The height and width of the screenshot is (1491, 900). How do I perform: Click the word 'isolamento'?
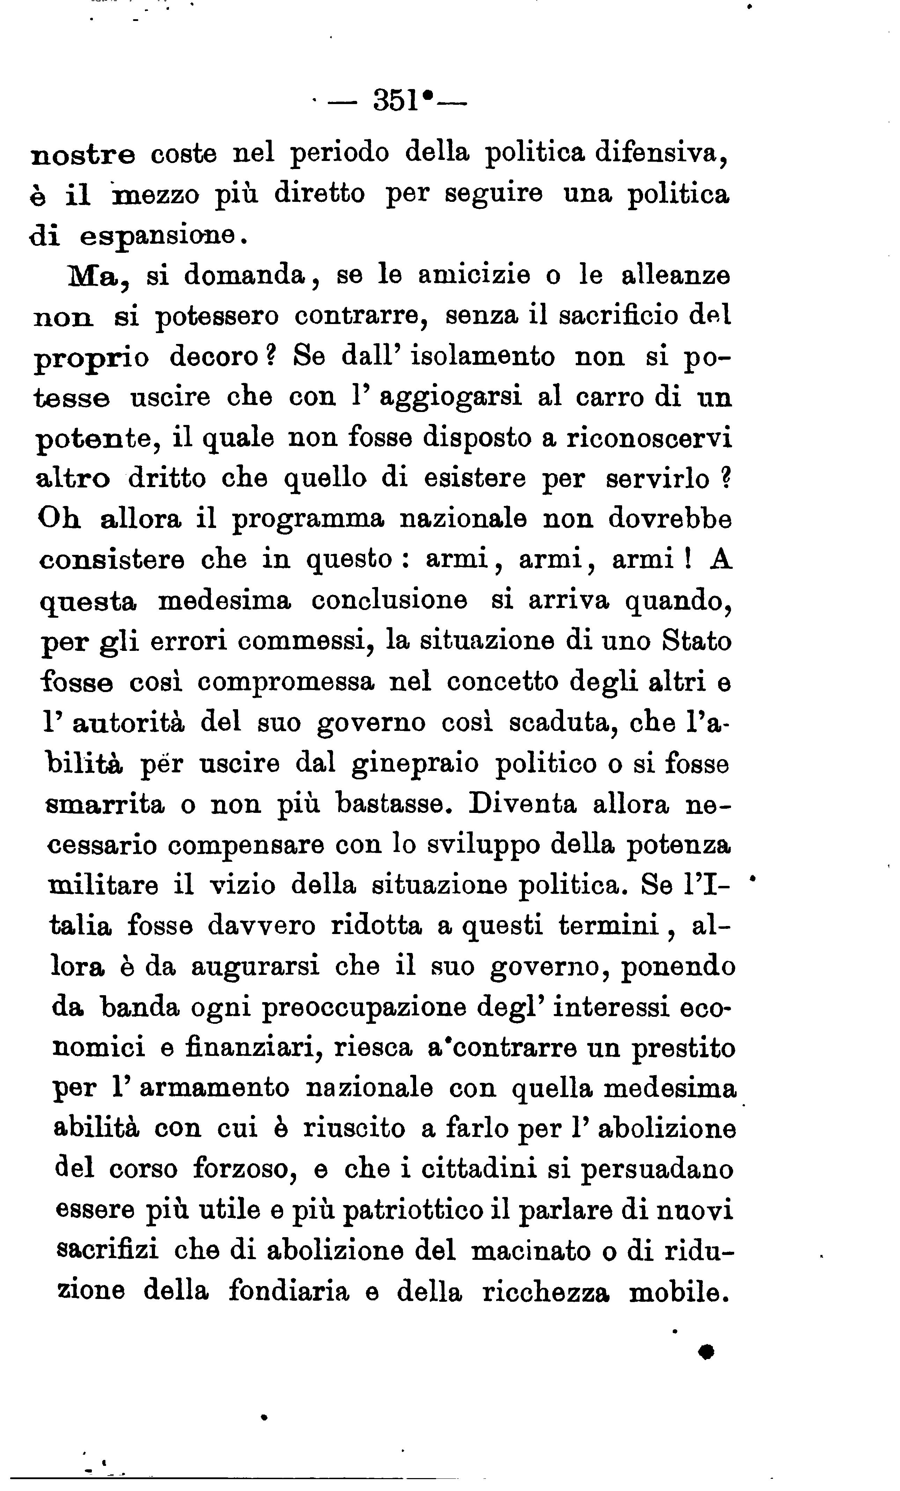pyautogui.click(x=483, y=357)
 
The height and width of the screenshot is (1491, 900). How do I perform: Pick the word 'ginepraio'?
pyautogui.click(x=415, y=764)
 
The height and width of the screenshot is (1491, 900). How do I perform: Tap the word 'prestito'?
pyautogui.click(x=684, y=1048)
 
